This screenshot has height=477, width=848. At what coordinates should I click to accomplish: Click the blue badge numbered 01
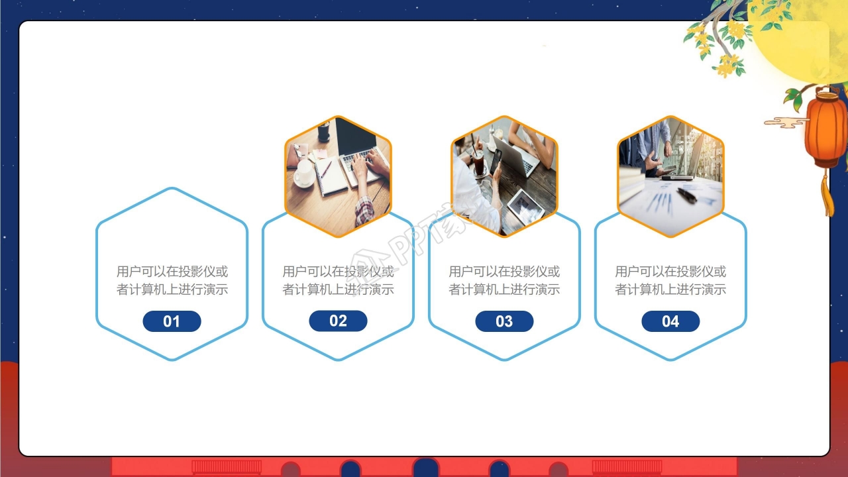[x=172, y=321]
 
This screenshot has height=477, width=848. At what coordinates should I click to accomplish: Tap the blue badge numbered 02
[x=338, y=321]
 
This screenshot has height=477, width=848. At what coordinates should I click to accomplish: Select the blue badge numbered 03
[x=504, y=321]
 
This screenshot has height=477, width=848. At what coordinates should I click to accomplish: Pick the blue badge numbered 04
[x=670, y=321]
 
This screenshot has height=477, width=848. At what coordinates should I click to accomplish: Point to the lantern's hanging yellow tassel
[x=827, y=193]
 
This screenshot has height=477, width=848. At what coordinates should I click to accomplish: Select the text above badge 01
[x=172, y=280]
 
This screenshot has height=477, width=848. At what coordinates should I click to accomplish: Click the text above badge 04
[x=670, y=280]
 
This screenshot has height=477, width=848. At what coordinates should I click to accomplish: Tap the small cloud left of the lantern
[x=786, y=123]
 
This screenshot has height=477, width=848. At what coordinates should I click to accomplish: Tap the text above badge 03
[x=504, y=280]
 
